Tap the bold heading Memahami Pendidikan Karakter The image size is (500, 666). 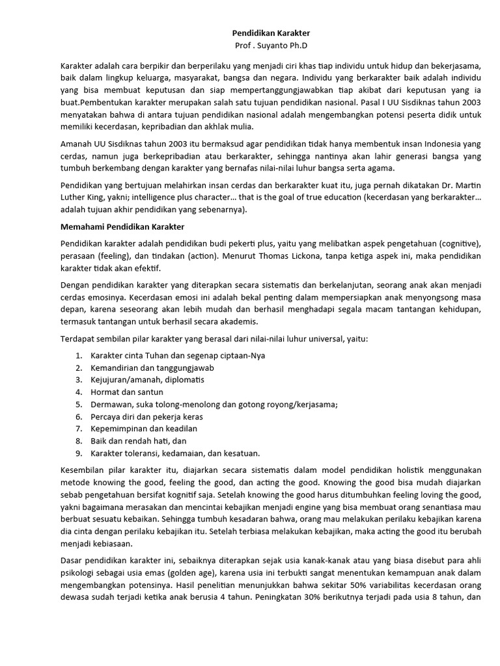(x=122, y=226)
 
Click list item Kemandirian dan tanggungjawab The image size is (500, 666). (x=152, y=367)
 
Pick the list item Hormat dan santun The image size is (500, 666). (x=127, y=392)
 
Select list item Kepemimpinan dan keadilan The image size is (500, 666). (x=144, y=428)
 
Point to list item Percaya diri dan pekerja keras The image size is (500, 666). (x=147, y=416)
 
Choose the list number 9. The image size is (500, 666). (x=78, y=453)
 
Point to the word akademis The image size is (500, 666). (x=238, y=321)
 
